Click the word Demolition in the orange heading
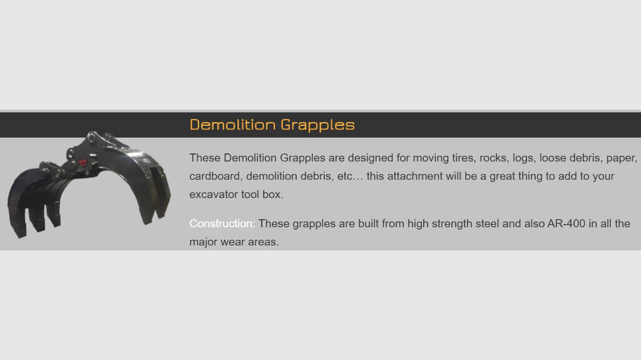233,125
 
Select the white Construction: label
222,224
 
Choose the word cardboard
215,177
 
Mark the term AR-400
566,224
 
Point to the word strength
452,224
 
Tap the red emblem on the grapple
83,163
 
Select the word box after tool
273,194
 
